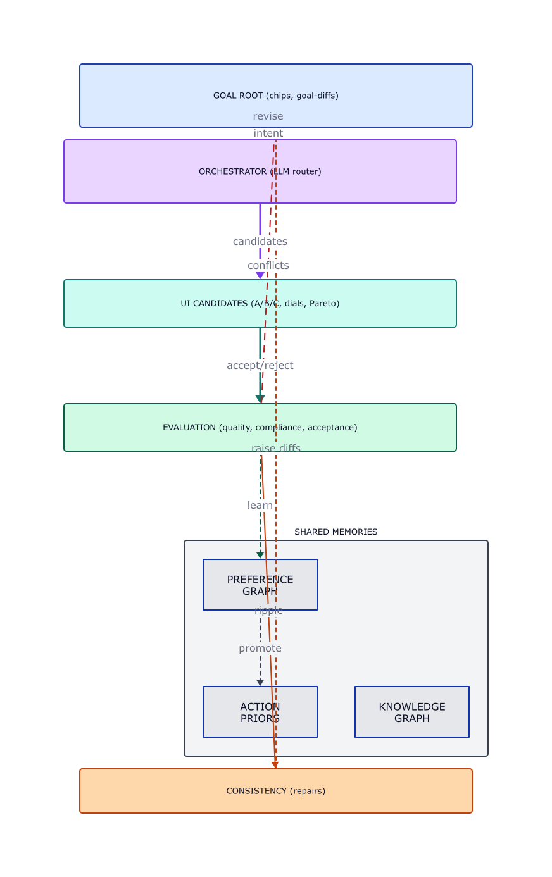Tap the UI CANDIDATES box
click(x=158, y=303)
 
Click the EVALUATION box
click(x=158, y=427)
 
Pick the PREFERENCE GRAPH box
click(x=228, y=585)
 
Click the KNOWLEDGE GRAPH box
click(x=411, y=712)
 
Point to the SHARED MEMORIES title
click(x=336, y=532)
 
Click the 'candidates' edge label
click(x=260, y=242)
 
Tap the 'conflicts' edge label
click(x=268, y=266)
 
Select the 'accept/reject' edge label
click(x=260, y=366)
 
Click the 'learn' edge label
click(x=260, y=506)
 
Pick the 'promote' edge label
click(x=260, y=649)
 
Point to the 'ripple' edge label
click(x=268, y=611)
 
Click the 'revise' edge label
click(x=268, y=116)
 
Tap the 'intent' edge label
click(x=268, y=134)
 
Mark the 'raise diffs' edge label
click(x=275, y=449)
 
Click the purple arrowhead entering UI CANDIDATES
click(x=260, y=276)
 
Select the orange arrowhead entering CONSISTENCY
click(x=275, y=765)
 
